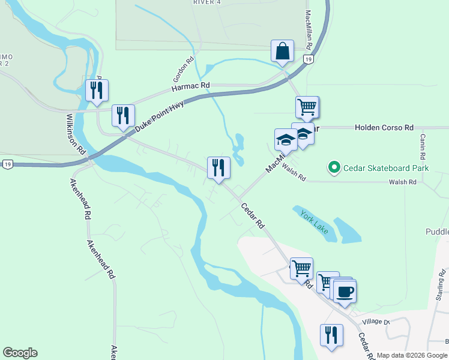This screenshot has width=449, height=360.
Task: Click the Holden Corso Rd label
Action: point(384,128)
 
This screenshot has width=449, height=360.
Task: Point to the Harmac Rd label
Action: point(191,87)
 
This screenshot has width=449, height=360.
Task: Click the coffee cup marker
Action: point(345,292)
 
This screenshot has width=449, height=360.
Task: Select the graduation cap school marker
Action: point(286,140)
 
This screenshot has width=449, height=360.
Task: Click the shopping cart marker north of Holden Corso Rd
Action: point(307,107)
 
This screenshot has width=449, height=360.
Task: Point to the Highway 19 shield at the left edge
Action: point(7,164)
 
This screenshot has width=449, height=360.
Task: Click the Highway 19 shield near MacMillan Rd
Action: point(308,59)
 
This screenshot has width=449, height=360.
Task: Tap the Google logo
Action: point(20,353)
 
